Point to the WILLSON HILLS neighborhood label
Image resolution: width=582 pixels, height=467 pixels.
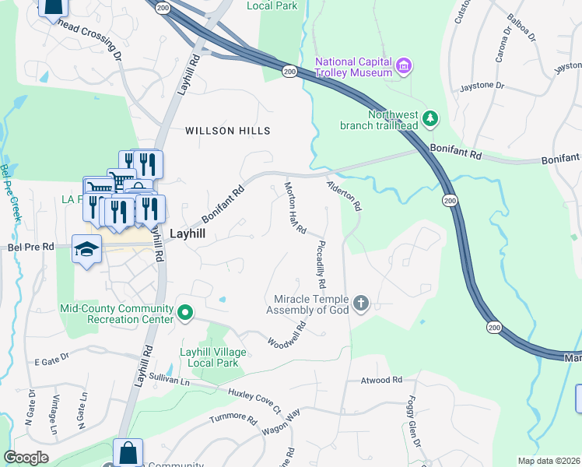(x=228, y=131)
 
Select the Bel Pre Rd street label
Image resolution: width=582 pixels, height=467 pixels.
(x=30, y=247)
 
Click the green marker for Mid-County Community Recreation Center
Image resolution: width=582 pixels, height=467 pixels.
(x=184, y=313)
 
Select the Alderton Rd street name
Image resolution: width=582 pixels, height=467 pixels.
(x=345, y=196)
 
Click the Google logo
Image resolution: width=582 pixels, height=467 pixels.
(x=26, y=458)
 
